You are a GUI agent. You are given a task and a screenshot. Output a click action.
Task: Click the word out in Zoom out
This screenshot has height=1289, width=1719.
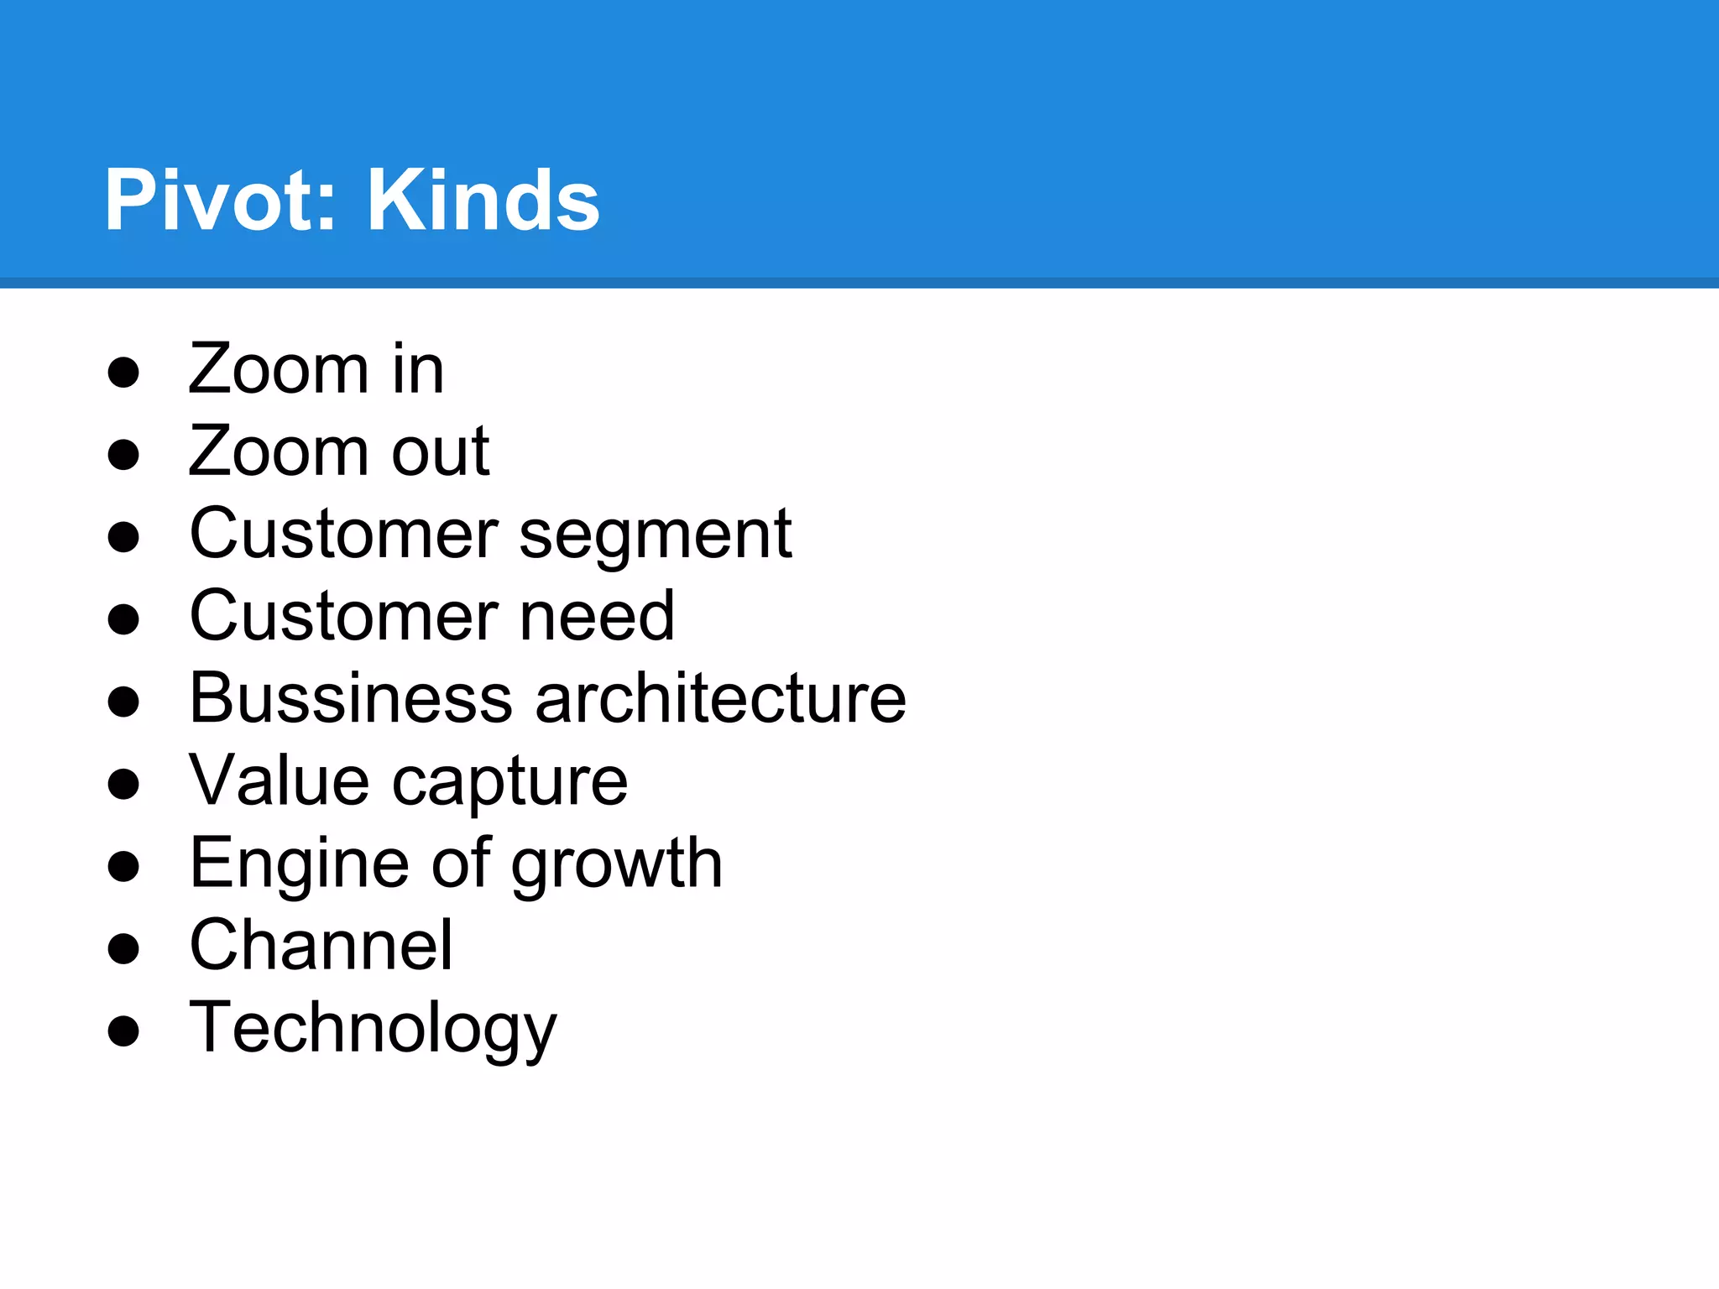coord(441,451)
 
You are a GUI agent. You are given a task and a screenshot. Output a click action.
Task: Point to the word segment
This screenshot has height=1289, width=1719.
coord(655,535)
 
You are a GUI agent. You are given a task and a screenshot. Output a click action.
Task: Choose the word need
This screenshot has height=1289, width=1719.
coord(597,616)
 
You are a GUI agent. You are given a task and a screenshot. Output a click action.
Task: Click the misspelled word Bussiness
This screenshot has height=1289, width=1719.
coord(351,698)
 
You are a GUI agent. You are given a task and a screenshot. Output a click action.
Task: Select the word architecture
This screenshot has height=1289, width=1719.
coord(721,698)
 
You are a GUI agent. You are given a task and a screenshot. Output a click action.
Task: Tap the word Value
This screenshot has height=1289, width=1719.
coord(279,780)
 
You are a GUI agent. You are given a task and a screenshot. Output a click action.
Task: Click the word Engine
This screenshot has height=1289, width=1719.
coord(299,864)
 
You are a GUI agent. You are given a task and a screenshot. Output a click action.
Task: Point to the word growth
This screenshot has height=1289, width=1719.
coord(617,864)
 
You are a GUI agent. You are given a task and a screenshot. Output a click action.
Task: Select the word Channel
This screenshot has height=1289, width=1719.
coord(321,945)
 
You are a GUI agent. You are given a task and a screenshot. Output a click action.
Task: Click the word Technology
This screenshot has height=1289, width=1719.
coord(373,1029)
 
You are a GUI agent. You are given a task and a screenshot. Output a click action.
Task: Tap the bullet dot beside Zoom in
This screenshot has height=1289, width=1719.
coord(123,372)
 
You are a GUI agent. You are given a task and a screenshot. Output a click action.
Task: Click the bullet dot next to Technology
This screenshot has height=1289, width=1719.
coord(123,1031)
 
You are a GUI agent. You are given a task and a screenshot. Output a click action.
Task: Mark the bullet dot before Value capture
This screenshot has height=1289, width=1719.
coord(123,784)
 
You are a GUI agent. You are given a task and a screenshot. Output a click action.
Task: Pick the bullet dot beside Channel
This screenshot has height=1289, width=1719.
coord(123,948)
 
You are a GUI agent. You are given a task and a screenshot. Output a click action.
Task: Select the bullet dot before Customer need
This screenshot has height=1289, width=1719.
coord(123,619)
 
